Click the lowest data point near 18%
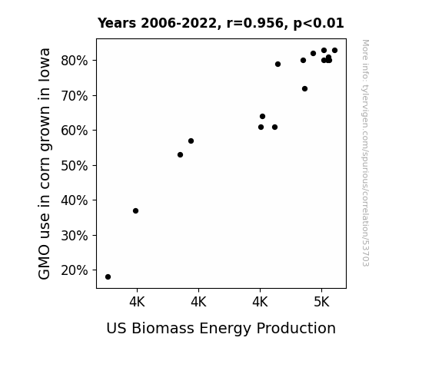point(108,277)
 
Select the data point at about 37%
point(135,210)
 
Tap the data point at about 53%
point(181,154)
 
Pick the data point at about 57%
point(191,141)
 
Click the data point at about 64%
point(262,117)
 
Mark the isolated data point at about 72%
point(304,89)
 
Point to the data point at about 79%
point(278,65)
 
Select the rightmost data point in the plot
point(335,51)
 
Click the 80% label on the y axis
point(74,61)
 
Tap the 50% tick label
point(74,166)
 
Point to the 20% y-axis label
point(74,270)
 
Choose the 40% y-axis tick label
point(74,200)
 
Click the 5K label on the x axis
point(321,303)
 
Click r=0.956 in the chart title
point(255,23)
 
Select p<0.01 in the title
point(319,23)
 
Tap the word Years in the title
point(117,23)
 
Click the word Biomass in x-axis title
point(163,328)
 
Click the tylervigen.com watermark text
point(365,153)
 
